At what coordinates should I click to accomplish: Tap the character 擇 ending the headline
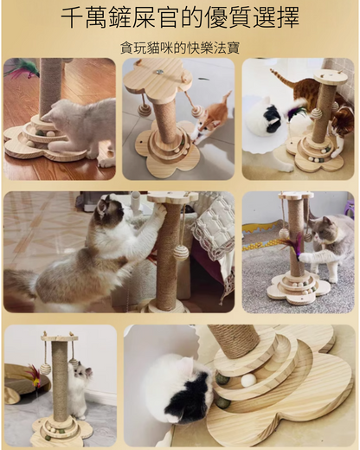(287, 17)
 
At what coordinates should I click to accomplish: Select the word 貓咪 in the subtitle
(161, 48)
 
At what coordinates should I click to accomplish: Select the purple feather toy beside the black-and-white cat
(295, 110)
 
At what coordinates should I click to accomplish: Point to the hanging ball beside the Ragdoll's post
(181, 254)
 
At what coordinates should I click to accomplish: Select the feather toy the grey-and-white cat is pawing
(292, 245)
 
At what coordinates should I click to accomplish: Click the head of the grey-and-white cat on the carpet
(325, 228)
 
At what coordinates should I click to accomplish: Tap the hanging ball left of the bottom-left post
(45, 369)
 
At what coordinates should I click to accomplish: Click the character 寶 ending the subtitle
(233, 48)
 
